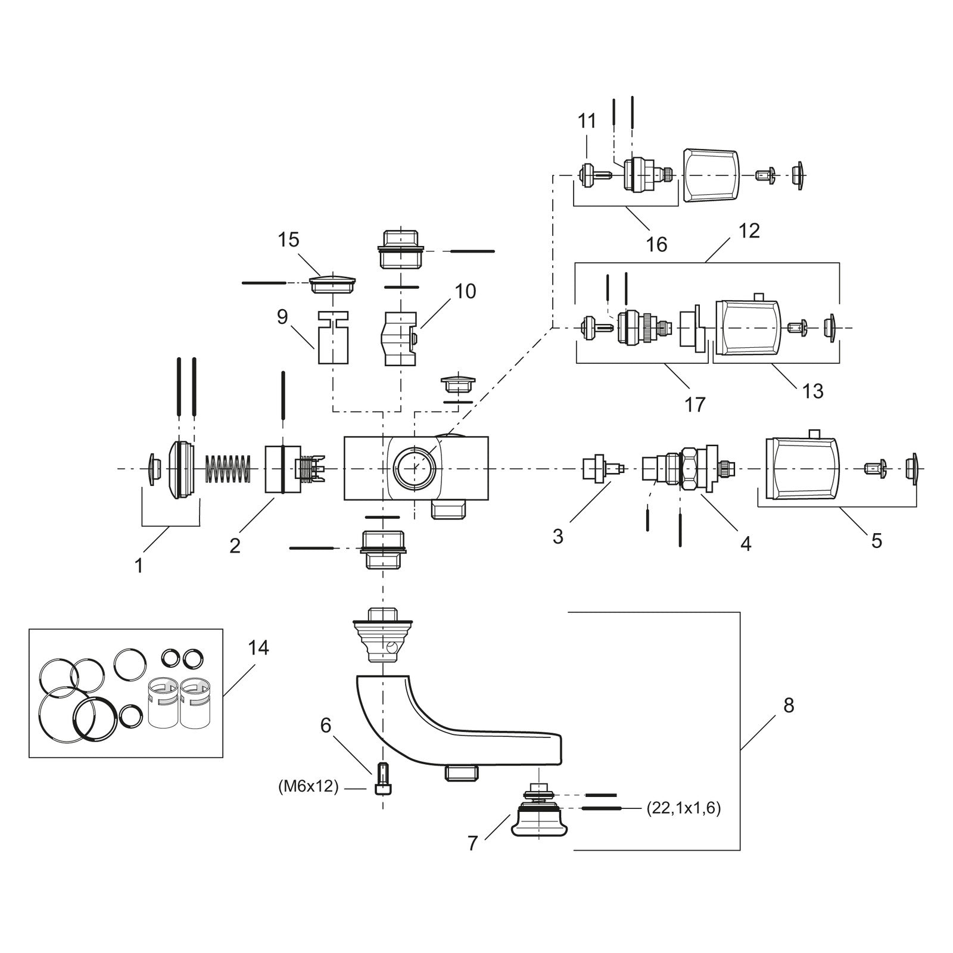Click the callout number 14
click(x=259, y=647)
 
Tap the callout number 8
click(x=789, y=705)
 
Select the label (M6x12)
click(x=309, y=787)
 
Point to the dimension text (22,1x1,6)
click(x=683, y=809)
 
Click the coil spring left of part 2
click(x=228, y=469)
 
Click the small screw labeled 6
click(x=382, y=779)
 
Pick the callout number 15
click(x=288, y=240)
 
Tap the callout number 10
click(x=466, y=291)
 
